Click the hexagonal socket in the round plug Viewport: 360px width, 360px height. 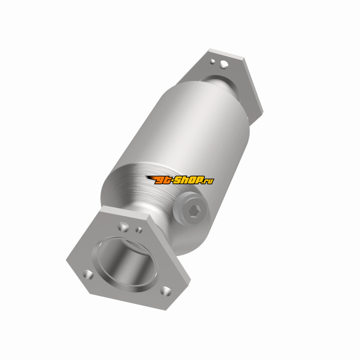195,211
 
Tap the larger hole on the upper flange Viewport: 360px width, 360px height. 224,64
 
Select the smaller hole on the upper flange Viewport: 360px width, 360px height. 213,61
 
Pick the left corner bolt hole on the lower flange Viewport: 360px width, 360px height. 88,274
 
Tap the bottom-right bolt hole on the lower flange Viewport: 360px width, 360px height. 166,291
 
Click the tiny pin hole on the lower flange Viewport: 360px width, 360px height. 139,229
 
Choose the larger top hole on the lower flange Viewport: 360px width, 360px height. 123,226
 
